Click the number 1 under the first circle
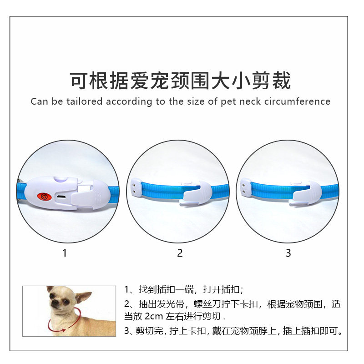[x=64, y=253]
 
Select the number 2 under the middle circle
[x=180, y=253]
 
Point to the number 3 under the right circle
[x=288, y=253]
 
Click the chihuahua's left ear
[x=83, y=297]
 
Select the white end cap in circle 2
[x=136, y=186]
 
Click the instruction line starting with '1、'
[x=184, y=290]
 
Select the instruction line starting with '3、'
[x=233, y=331]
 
